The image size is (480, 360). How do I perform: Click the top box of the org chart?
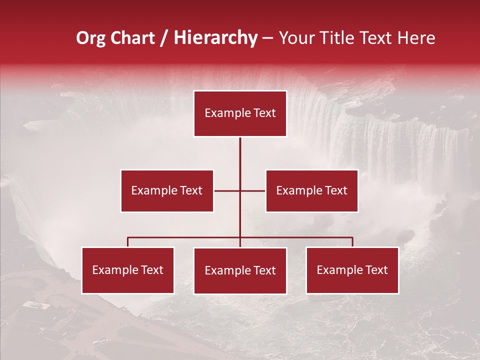click(240, 113)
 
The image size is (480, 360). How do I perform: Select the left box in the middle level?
click(167, 190)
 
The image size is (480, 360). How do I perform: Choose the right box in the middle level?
click(311, 190)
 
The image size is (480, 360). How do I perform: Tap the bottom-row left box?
click(128, 270)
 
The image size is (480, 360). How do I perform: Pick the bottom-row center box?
click(240, 270)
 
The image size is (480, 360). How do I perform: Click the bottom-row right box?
click(352, 270)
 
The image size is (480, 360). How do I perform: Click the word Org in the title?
click(90, 38)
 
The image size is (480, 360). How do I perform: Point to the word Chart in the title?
click(132, 38)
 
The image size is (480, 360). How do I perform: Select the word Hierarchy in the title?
click(215, 38)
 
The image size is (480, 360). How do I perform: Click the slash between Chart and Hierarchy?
click(164, 38)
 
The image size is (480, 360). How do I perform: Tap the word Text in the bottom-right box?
click(376, 270)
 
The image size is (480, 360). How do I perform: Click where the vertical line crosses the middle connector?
click(240, 190)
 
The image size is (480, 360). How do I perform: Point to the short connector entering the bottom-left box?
click(128, 242)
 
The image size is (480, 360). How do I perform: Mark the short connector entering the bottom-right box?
click(352, 242)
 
